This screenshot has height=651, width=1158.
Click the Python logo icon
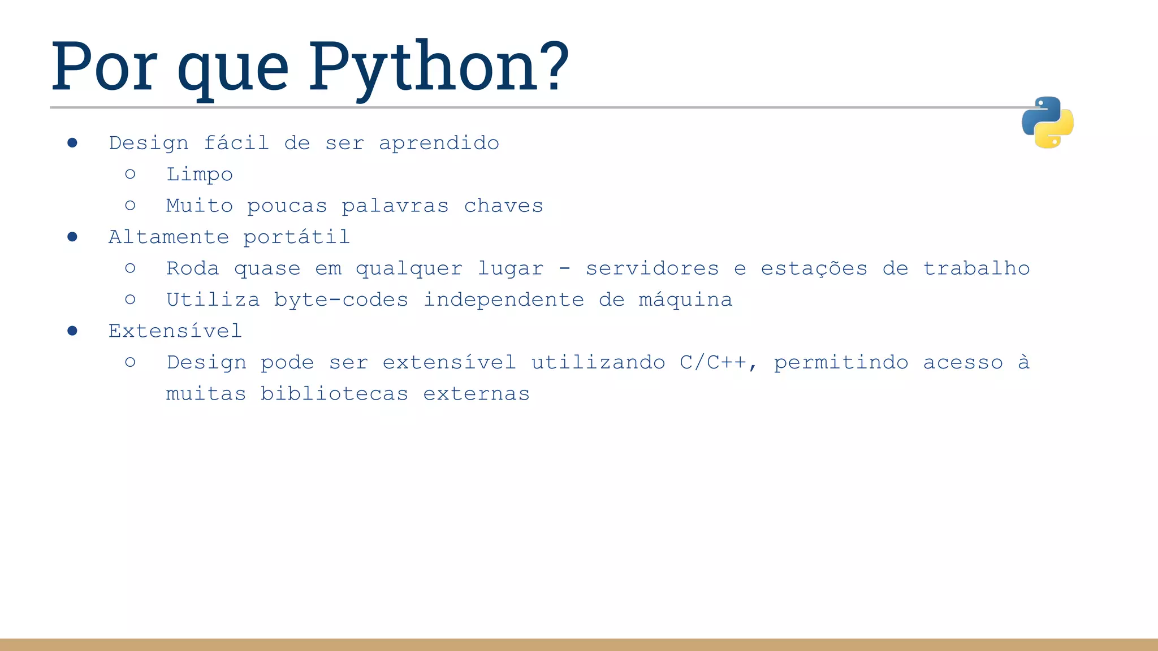[1047, 123]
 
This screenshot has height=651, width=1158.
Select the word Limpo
[199, 175]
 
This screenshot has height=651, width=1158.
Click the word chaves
[503, 206]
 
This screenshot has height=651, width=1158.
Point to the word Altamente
[168, 237]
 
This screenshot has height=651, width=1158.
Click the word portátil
[296, 237]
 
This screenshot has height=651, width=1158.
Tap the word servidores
[652, 268]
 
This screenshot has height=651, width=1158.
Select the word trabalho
[976, 268]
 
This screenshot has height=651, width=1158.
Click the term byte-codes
[341, 300]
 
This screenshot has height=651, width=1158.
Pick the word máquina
[685, 300]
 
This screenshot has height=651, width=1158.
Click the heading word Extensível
[175, 331]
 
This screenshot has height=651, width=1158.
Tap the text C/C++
[712, 362]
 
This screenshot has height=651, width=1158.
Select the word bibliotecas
[334, 393]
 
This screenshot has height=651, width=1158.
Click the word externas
[476, 393]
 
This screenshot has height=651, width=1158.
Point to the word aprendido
[439, 143]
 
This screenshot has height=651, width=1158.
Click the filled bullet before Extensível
[72, 331]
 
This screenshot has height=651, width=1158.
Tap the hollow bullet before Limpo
[130, 174]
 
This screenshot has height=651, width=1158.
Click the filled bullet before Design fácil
[72, 143]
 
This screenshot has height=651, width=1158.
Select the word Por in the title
[104, 67]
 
